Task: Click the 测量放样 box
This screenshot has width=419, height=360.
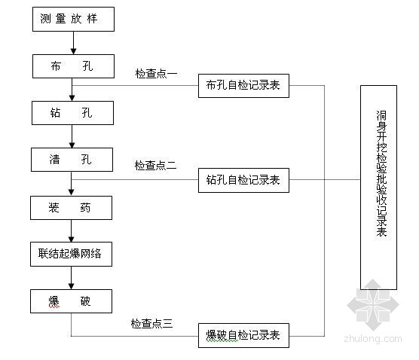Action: tap(74, 20)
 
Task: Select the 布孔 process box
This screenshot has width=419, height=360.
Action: tap(74, 66)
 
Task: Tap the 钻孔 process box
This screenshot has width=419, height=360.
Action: tap(72, 113)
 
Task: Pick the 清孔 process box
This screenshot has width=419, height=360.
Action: tap(72, 160)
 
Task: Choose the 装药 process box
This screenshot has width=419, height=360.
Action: tap(71, 208)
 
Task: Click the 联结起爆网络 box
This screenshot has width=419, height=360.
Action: tap(71, 254)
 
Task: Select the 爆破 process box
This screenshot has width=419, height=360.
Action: tap(71, 301)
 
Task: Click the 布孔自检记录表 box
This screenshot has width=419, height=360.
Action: tap(243, 86)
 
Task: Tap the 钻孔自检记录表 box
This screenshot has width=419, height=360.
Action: tap(243, 180)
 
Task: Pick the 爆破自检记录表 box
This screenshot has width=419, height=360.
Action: tap(243, 335)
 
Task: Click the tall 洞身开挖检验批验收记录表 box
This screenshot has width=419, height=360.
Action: tap(378, 188)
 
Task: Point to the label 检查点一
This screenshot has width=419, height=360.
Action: tap(156, 74)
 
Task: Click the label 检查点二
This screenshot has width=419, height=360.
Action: tap(155, 166)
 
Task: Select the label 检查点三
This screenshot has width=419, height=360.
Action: tap(151, 324)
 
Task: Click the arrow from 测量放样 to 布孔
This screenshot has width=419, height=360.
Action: tap(74, 43)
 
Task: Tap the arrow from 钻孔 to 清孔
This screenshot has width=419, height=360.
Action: tap(72, 136)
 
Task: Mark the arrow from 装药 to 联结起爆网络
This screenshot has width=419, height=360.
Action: tap(71, 231)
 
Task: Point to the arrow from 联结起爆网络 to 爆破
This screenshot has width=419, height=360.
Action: tap(71, 278)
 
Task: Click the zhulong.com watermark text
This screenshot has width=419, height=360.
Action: tap(373, 339)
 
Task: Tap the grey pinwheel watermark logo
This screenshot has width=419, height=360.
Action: tap(373, 305)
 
